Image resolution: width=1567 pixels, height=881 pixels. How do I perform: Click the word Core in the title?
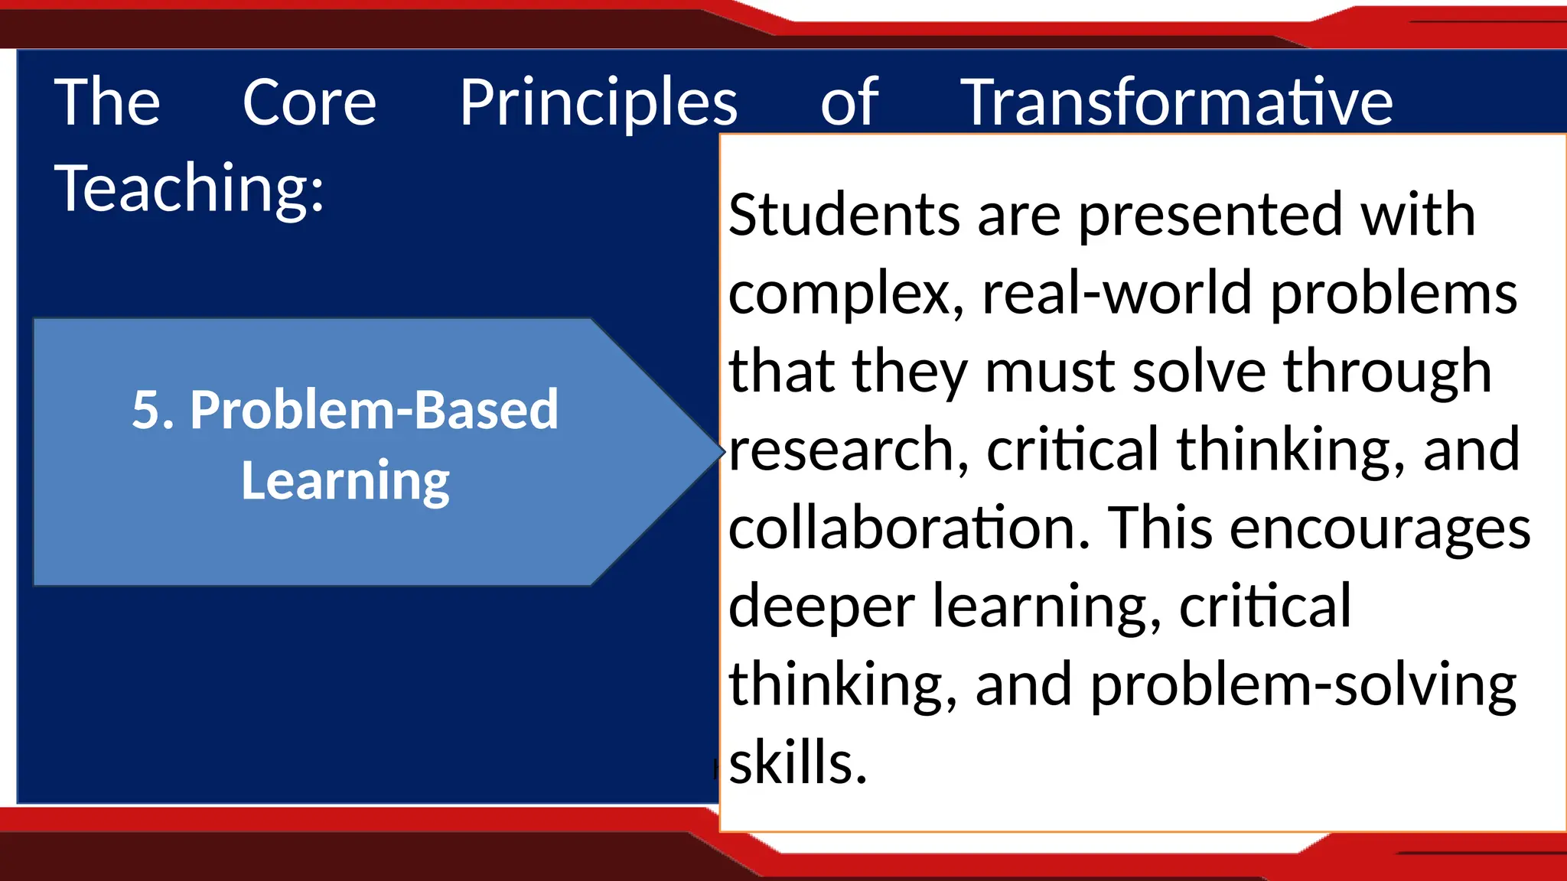click(309, 103)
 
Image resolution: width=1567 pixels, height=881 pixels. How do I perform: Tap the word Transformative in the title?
click(1176, 103)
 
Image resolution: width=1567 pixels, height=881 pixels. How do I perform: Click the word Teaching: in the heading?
click(189, 189)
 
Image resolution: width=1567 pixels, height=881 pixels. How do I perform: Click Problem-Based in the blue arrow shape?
click(374, 410)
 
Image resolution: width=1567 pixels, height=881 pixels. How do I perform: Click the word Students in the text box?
click(844, 216)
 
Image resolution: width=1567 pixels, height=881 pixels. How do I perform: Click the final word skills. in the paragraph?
click(797, 763)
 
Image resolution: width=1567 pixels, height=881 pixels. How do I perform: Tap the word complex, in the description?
click(845, 294)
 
